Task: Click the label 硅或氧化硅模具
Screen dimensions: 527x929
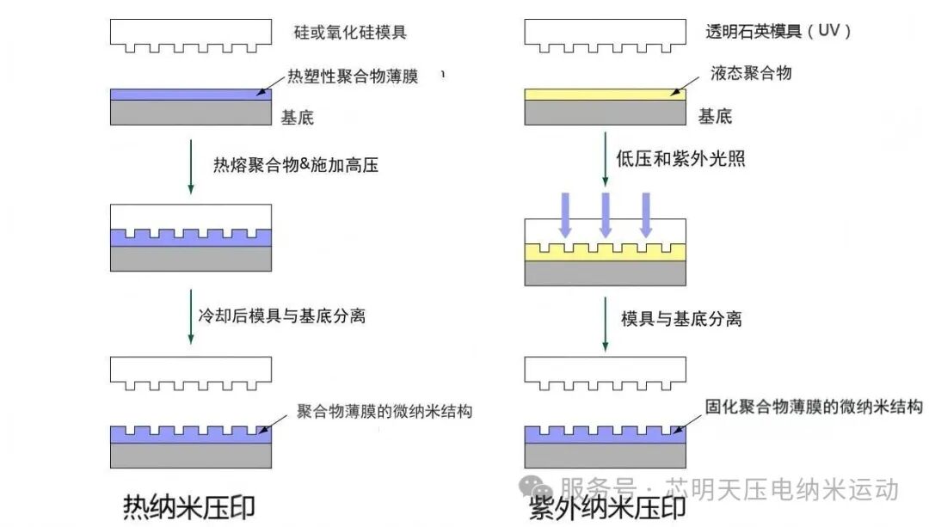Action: [350, 34]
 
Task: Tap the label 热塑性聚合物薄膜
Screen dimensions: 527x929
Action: [352, 77]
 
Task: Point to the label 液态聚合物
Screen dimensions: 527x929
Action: [751, 74]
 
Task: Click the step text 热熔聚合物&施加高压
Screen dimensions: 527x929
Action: [296, 164]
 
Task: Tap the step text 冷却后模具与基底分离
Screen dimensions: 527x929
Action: [289, 316]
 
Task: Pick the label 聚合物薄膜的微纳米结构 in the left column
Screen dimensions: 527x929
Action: [385, 411]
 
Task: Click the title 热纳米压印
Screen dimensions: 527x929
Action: [189, 506]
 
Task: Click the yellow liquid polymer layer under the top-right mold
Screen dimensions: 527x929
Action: [605, 94]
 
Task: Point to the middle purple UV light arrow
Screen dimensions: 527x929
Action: [606, 214]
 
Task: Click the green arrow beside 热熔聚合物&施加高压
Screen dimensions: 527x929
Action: [192, 163]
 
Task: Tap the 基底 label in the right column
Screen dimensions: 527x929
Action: [715, 116]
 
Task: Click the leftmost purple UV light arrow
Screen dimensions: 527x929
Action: [565, 214]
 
